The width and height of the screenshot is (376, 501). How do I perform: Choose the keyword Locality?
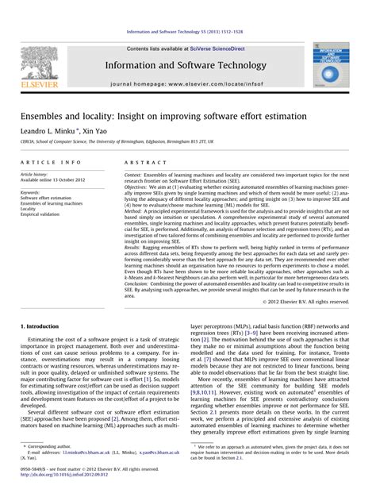click(30, 209)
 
